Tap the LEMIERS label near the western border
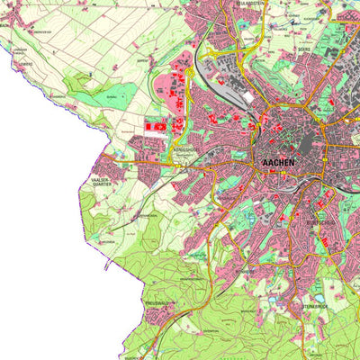[x=25, y=65]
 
